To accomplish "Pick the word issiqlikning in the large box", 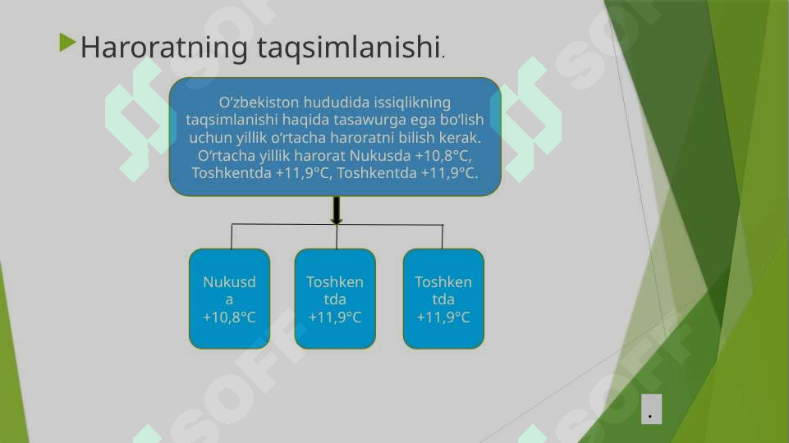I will pyautogui.click(x=412, y=103).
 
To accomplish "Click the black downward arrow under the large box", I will pyautogui.click(x=336, y=210).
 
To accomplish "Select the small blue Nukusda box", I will pyautogui.click(x=229, y=299).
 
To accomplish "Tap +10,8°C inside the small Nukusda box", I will pyautogui.click(x=229, y=317).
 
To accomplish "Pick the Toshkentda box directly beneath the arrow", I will pyautogui.click(x=335, y=299).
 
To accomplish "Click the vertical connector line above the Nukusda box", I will pyautogui.click(x=232, y=236).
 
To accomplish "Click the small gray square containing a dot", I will pyautogui.click(x=651, y=409).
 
